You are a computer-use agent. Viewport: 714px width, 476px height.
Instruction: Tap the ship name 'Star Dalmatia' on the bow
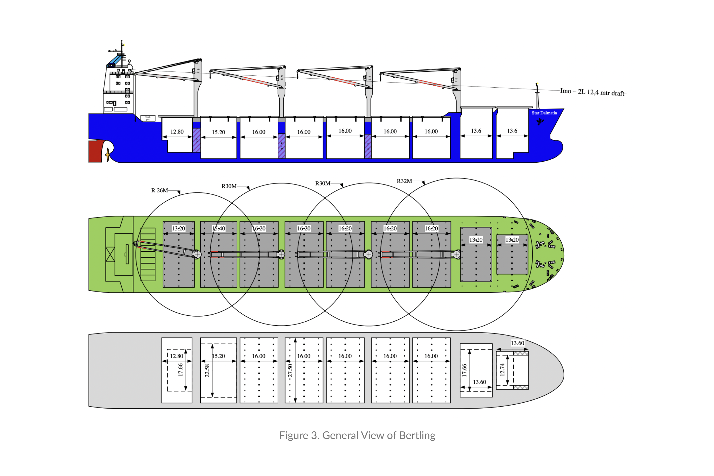(544, 113)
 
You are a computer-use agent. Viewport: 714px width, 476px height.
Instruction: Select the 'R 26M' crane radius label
(160, 190)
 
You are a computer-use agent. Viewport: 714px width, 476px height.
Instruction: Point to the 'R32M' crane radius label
(404, 181)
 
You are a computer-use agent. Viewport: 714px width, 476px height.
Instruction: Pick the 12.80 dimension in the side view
(177, 132)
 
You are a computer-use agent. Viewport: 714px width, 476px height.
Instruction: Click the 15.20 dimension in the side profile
(218, 132)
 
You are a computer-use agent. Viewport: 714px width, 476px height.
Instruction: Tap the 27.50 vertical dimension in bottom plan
(290, 371)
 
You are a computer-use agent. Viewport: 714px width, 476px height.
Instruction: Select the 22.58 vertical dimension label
(207, 371)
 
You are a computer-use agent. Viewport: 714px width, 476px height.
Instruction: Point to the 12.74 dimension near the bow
(502, 370)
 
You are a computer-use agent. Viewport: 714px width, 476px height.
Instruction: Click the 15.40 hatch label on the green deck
(218, 228)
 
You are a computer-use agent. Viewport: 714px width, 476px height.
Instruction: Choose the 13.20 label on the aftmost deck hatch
(178, 228)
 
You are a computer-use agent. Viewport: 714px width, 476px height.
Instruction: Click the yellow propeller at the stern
(108, 154)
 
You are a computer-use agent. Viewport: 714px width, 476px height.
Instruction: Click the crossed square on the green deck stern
(110, 255)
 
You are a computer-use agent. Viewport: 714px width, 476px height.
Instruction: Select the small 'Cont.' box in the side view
(148, 118)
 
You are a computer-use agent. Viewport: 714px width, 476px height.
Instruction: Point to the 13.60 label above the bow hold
(517, 343)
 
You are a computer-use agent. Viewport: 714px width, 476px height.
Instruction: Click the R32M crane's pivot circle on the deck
(456, 254)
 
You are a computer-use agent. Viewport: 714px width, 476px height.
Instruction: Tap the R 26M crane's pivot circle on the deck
(197, 254)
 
